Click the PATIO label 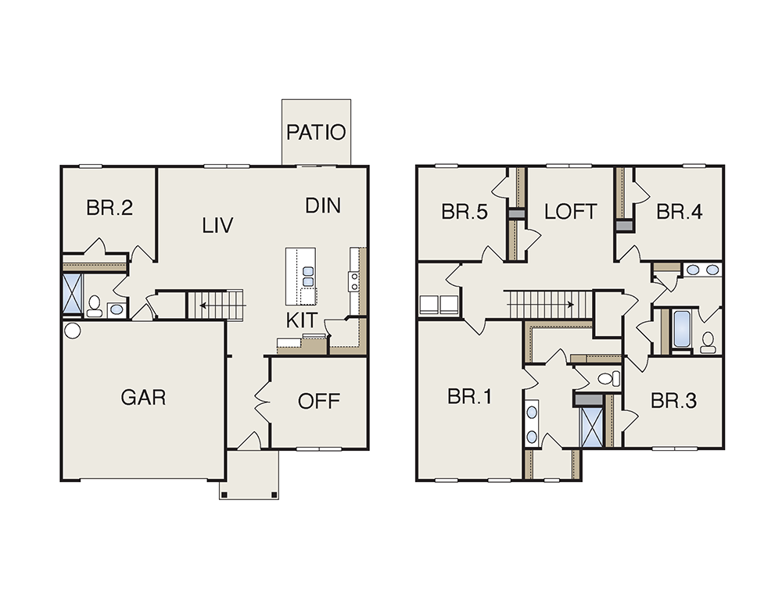316,133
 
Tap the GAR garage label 143,398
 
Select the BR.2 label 109,208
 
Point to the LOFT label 571,212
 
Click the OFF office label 319,401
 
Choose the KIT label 302,320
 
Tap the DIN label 323,206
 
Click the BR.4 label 680,212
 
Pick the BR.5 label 465,212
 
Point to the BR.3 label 674,401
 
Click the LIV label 218,226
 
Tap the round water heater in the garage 73,331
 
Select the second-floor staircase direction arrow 541,304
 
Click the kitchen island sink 308,277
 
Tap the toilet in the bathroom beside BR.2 95,306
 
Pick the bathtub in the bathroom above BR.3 681,329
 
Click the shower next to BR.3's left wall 591,427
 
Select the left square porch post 224,495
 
